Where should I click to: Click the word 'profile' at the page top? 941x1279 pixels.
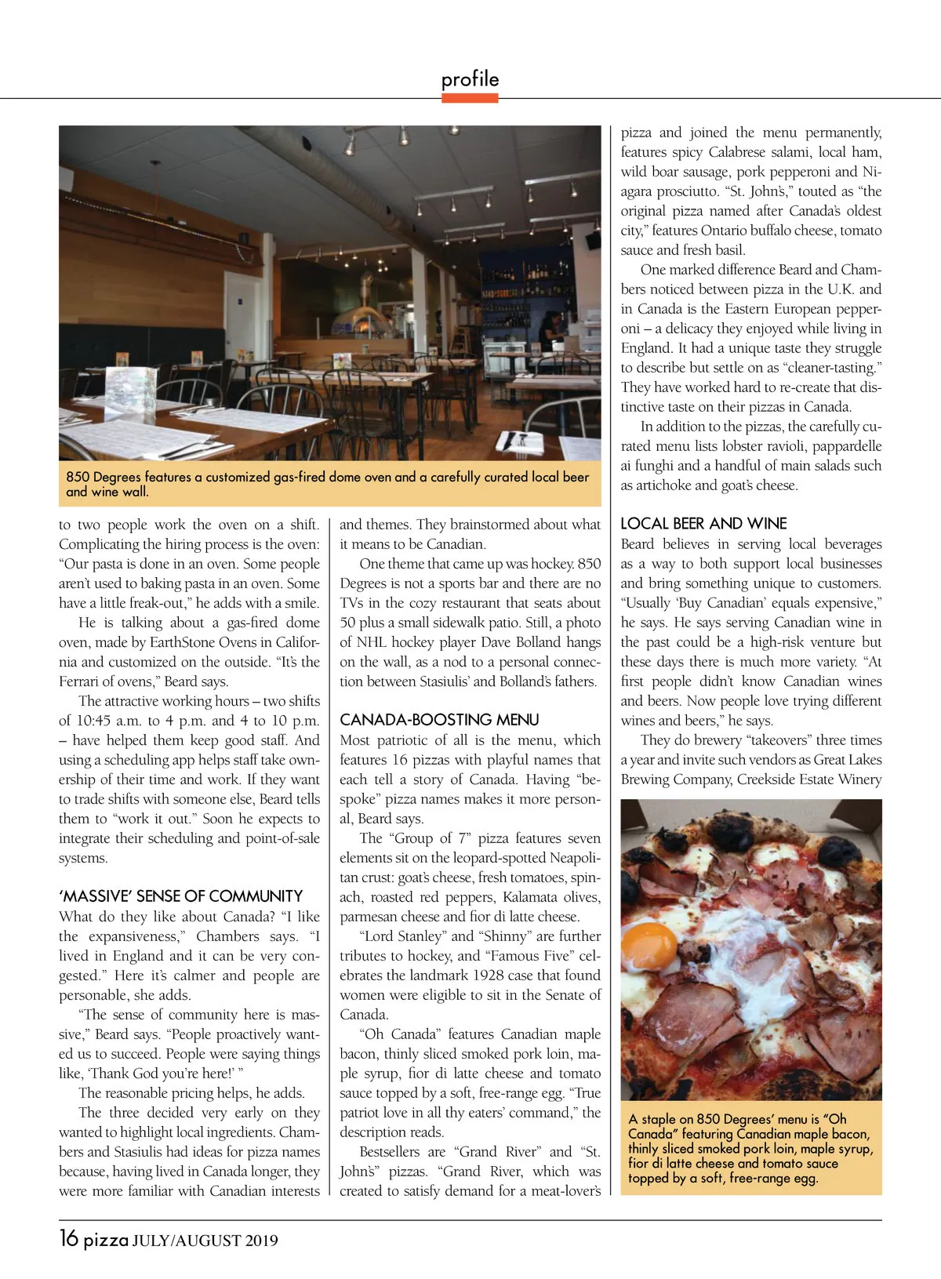point(470,79)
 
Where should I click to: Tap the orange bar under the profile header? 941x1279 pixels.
point(470,98)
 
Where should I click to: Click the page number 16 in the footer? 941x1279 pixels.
point(68,1238)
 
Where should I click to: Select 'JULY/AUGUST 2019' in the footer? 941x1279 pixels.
point(205,1241)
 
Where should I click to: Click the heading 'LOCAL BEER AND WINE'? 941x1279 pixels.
point(703,524)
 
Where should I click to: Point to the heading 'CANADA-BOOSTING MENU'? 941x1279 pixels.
point(438,720)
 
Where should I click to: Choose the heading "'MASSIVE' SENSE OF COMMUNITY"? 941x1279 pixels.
point(180,896)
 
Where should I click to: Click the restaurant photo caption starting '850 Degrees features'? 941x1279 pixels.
point(328,484)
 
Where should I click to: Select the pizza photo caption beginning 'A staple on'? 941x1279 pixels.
point(750,1148)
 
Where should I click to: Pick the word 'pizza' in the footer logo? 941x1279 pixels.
point(106,1240)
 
